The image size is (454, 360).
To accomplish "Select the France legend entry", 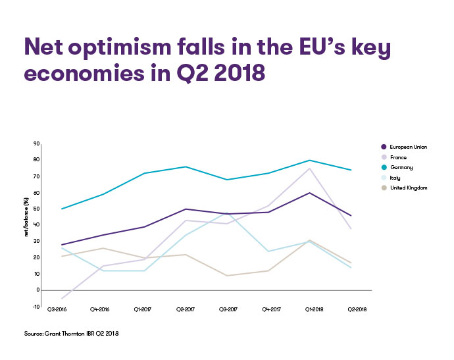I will coord(399,157).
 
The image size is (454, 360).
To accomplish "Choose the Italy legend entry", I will coord(396,178).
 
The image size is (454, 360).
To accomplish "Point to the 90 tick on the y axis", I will coord(37,143).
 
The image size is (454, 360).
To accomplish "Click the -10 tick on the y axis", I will coord(36,306).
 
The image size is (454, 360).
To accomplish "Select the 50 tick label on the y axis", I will coord(37,209).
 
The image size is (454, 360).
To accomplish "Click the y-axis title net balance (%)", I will coord(26,220).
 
